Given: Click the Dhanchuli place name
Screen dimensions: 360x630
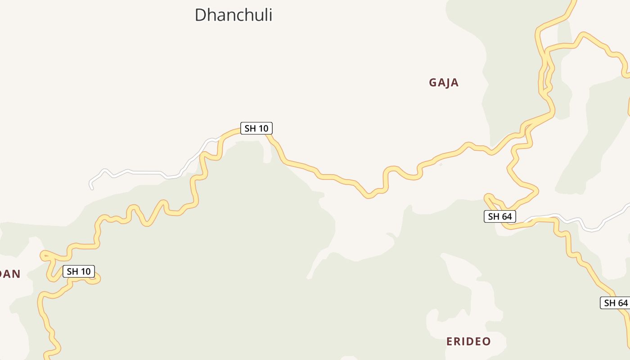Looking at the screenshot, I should coord(233,15).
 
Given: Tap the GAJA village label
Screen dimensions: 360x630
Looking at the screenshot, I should coord(444,83).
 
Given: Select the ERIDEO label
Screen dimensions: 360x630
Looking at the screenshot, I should coord(468,342).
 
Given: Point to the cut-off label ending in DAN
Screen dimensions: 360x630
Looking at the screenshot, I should coord(10,274).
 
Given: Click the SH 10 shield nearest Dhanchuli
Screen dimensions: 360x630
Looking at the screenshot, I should coord(256,128).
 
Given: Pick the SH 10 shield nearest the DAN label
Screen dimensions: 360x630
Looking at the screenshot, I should coord(79,271).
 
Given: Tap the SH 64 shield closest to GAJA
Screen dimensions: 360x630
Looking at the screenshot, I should coord(499,216).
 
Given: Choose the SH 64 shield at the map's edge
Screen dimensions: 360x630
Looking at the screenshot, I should coord(616,303).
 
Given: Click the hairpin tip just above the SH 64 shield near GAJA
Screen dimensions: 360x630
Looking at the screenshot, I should coord(487,197).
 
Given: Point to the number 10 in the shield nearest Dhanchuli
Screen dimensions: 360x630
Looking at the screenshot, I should coord(263,128).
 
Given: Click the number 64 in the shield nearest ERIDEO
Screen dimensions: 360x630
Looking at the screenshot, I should coord(622,303).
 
